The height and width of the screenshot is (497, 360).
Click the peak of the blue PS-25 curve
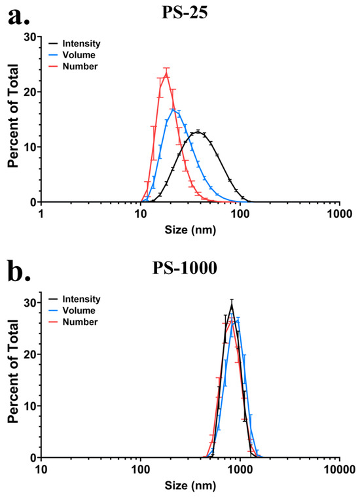173,109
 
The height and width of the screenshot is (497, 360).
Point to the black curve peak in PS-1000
232,303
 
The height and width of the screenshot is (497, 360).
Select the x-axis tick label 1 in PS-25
41,213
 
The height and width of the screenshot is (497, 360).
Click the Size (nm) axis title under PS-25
190,229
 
